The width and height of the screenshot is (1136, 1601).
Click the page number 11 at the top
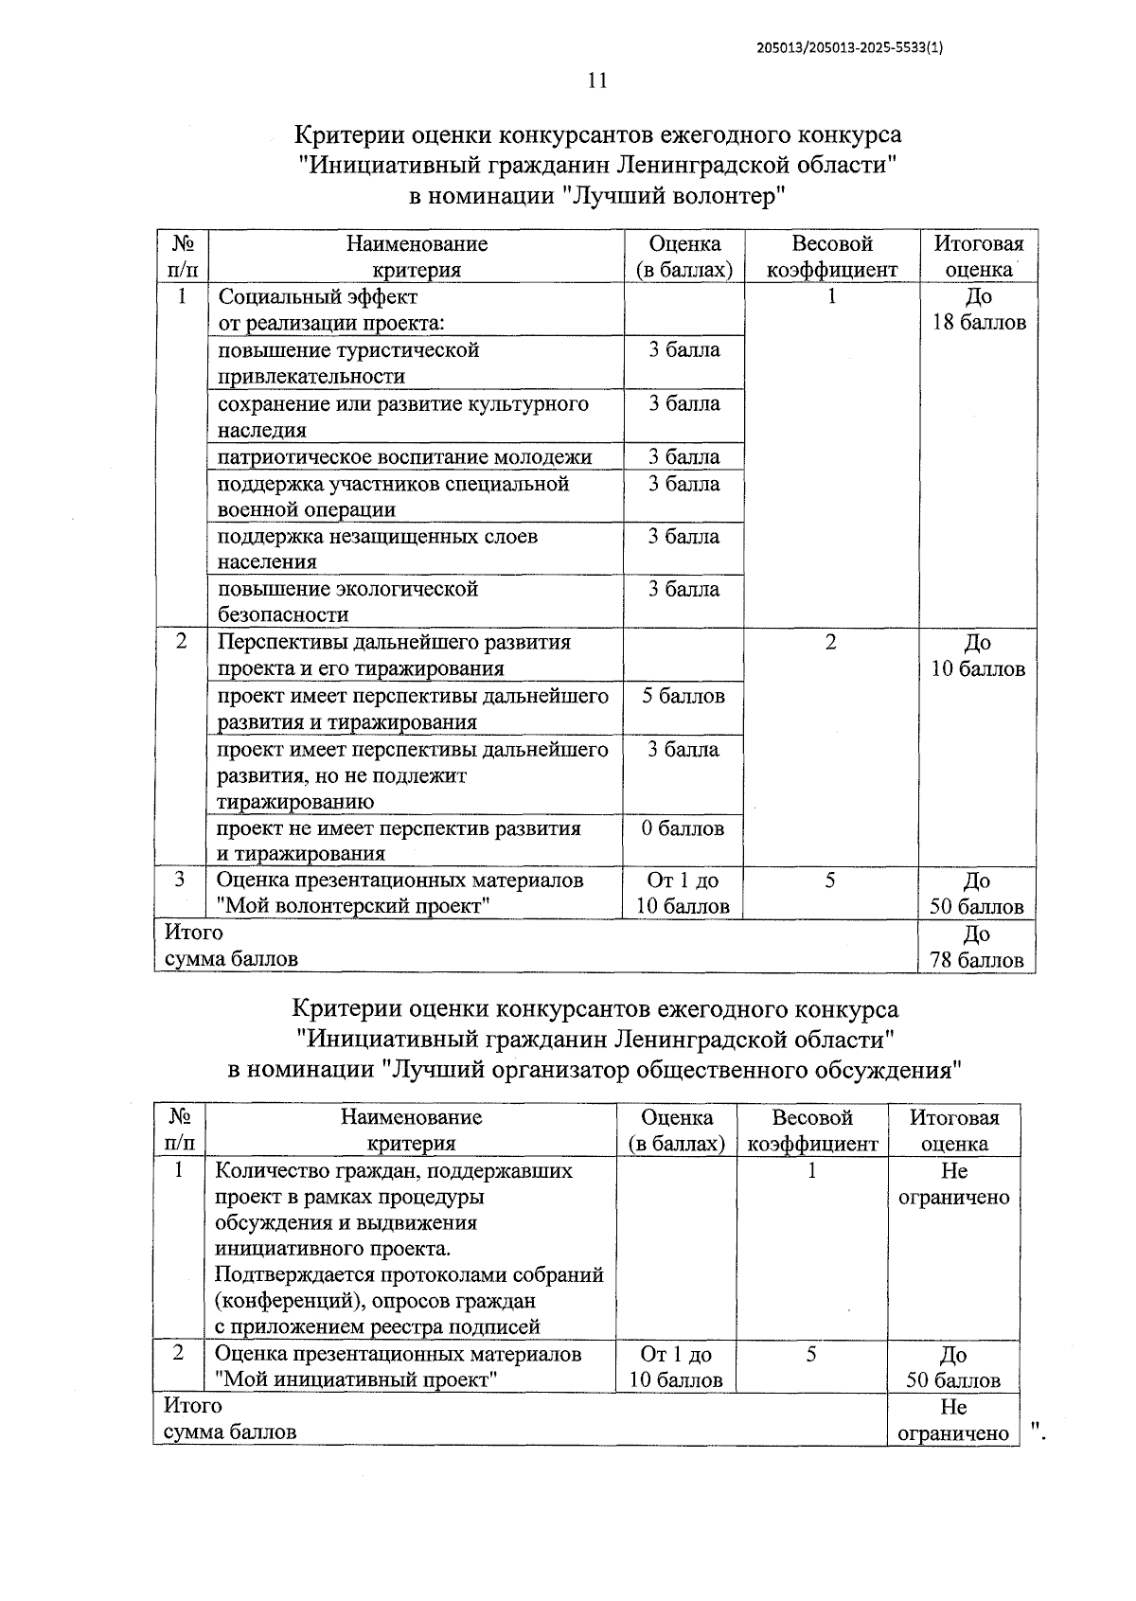coord(596,80)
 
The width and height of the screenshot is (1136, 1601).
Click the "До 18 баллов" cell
coord(979,310)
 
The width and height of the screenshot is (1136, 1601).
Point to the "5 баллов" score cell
coord(683,697)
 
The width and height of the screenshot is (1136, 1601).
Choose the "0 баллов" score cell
coord(683,828)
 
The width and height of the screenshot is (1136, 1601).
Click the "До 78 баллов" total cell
coord(977,947)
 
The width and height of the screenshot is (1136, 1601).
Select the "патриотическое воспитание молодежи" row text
coord(405,457)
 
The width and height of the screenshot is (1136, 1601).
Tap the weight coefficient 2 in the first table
coord(830,642)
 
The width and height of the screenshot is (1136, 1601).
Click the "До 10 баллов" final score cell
coord(978,656)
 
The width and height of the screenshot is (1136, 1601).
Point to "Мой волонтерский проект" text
coord(353,906)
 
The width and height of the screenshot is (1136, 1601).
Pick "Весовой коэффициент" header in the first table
coord(832,257)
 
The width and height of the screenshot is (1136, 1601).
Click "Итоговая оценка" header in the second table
coord(954,1130)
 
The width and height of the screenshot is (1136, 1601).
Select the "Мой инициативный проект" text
coord(357,1379)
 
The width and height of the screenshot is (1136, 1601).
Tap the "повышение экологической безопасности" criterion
coord(347,601)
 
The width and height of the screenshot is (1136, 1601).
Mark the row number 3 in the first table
coord(181,880)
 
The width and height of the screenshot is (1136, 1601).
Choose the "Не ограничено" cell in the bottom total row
coord(953,1419)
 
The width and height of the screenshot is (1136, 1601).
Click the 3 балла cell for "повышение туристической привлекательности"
coord(683,350)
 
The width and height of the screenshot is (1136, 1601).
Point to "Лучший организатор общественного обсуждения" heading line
coord(595,1070)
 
